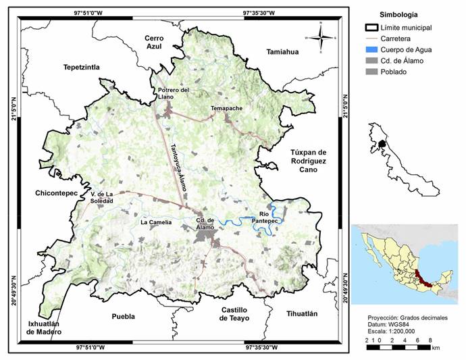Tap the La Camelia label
(156, 222)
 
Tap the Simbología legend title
(398, 14)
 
